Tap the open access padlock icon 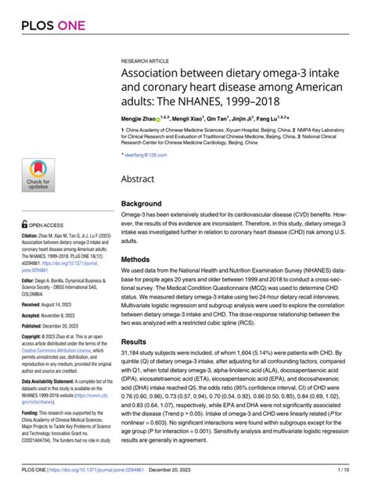click(x=25, y=223)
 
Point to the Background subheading click(x=141, y=203)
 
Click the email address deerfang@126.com click(x=147, y=156)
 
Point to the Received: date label click(x=34, y=304)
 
